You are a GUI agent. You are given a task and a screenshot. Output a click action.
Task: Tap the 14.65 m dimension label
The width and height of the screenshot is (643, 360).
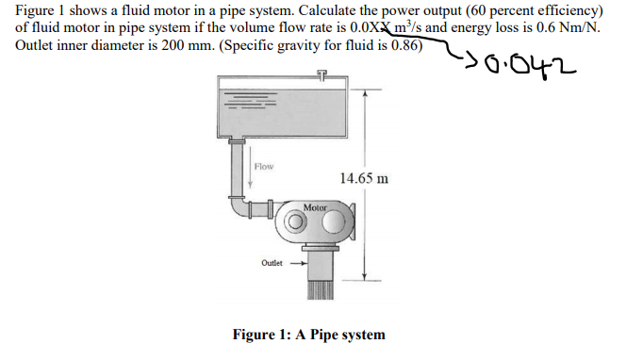(363, 179)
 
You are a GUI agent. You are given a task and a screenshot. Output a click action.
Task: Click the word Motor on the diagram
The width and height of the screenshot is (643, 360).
(316, 205)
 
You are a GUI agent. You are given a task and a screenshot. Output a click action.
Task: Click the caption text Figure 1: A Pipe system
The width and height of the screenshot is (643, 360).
(308, 335)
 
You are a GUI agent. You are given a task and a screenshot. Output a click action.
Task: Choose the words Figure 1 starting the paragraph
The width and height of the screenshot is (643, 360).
(41, 9)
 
